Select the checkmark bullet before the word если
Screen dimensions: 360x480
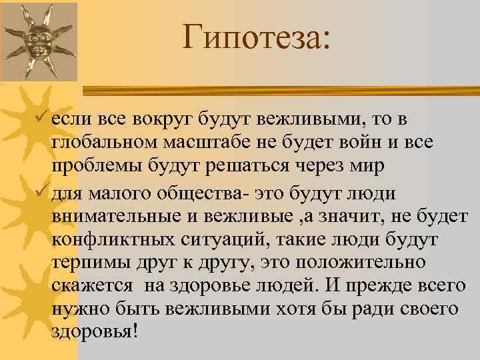[43, 119]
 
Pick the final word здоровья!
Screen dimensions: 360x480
[94, 331]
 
